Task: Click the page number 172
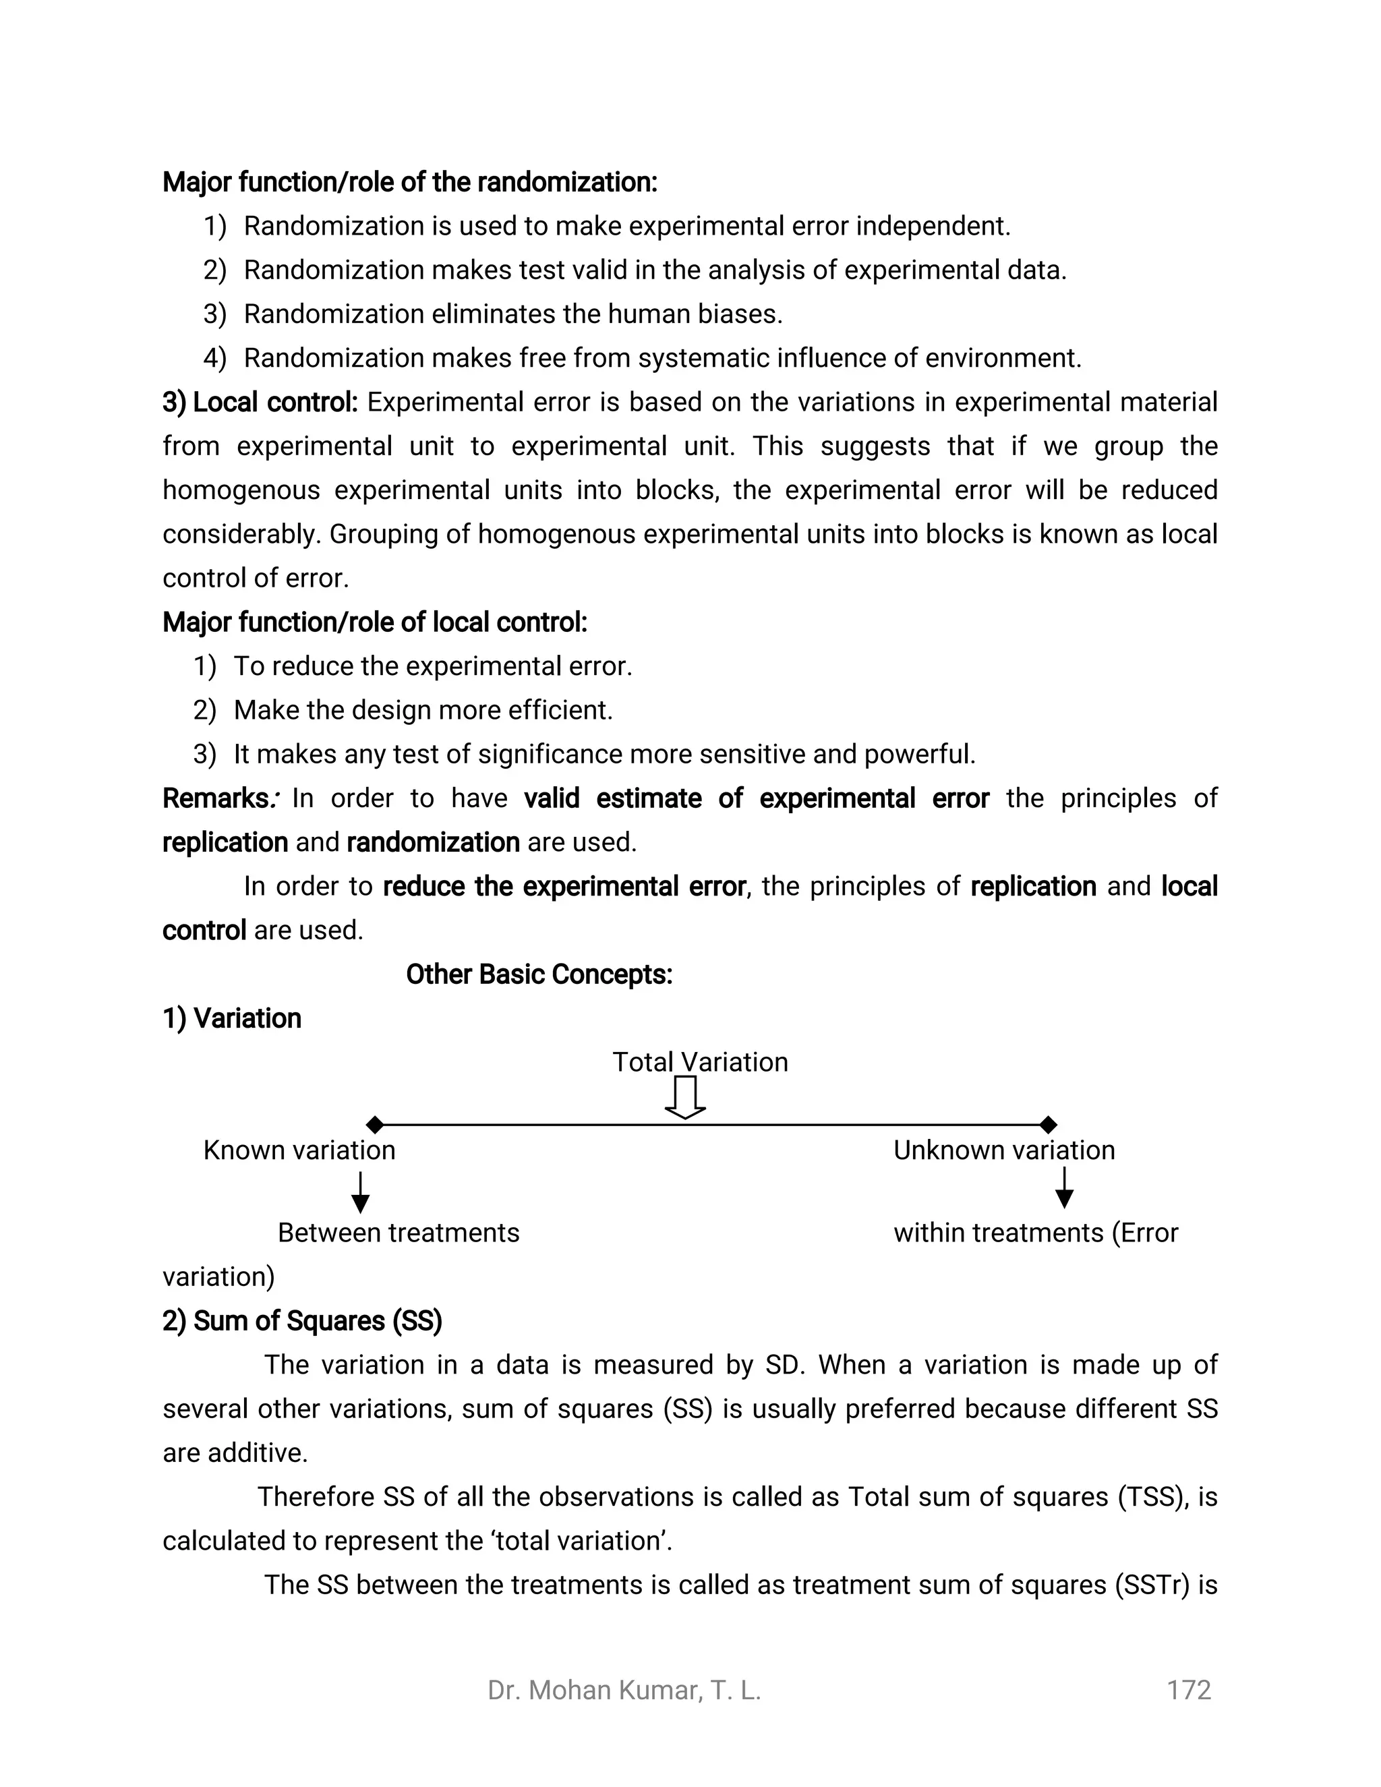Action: pos(1188,1690)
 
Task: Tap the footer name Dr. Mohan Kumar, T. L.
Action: pos(624,1690)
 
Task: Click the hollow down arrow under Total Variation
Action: pos(685,1097)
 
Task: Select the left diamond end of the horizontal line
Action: pos(375,1125)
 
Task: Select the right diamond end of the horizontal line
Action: pos(1048,1125)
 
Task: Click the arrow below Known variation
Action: pos(360,1193)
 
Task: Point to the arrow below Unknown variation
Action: pos(1063,1188)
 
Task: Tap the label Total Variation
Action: pos(701,1062)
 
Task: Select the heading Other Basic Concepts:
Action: pos(539,974)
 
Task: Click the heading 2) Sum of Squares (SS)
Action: pos(302,1320)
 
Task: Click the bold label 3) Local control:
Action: pos(260,403)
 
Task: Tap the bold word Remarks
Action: pos(215,798)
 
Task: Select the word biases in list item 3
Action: pos(739,314)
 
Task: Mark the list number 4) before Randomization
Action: pos(214,358)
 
